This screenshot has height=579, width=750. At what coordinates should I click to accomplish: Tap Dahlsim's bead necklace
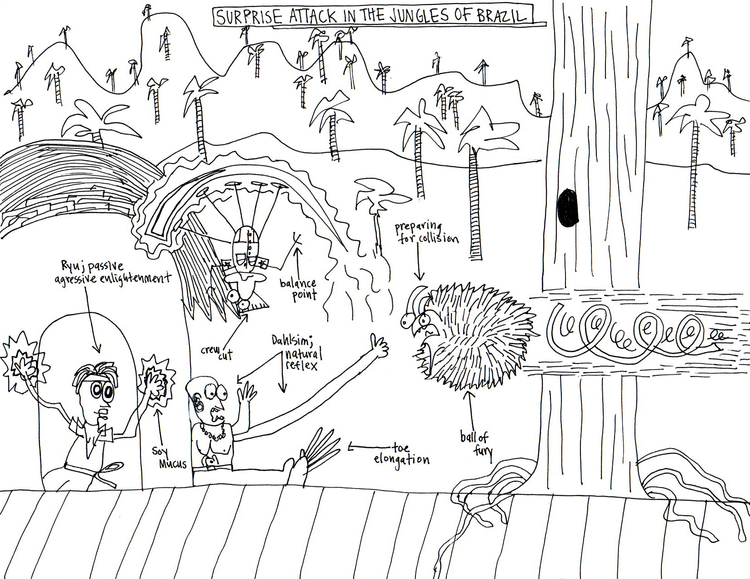tap(210, 431)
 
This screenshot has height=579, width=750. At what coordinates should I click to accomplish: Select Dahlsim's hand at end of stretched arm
tap(377, 347)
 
